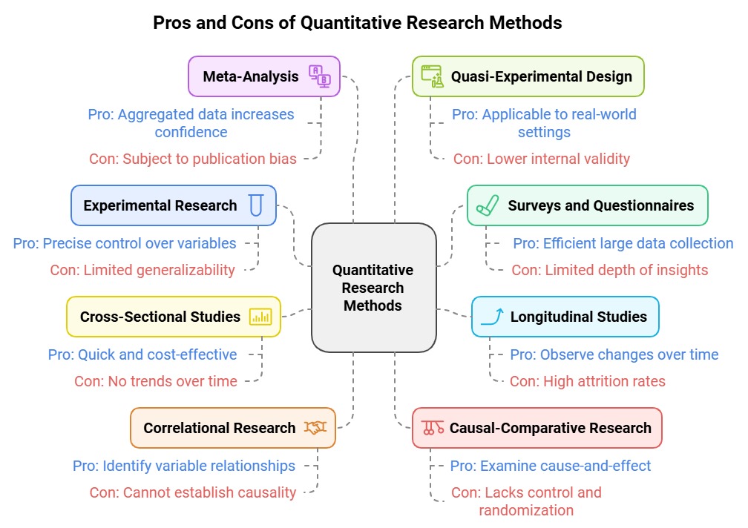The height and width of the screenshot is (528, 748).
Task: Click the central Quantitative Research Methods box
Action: pos(373,287)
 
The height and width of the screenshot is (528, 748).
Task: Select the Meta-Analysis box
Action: pos(263,76)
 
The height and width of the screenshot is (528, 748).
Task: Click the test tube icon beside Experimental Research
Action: pos(256,205)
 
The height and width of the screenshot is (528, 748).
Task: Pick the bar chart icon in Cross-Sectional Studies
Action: pos(260,317)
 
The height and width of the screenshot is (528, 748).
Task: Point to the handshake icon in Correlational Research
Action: pos(315,428)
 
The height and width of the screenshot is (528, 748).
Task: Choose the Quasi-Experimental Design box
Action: pos(528,76)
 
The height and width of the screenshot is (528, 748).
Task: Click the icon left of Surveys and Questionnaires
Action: pos(487,205)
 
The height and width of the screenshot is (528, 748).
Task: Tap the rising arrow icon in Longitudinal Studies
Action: pos(491,317)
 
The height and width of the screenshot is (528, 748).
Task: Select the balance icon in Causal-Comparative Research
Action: pos(432,428)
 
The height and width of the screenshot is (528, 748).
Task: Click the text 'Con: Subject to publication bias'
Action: pos(193,159)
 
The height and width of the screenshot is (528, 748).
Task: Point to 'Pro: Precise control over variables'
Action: pos(125,243)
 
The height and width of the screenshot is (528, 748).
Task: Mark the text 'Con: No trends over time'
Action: pos(156,381)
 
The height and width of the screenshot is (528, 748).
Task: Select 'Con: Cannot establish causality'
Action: pos(193,492)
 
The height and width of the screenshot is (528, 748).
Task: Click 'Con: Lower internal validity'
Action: pos(542,159)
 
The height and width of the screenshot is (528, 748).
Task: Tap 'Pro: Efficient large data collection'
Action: pos(623,243)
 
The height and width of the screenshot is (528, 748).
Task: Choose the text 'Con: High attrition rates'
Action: pos(588,381)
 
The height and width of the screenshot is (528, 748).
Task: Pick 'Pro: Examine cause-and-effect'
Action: pos(551,466)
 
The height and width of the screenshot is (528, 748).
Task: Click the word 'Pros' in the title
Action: pos(172,23)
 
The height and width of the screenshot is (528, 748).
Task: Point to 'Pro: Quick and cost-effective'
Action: pos(142,354)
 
